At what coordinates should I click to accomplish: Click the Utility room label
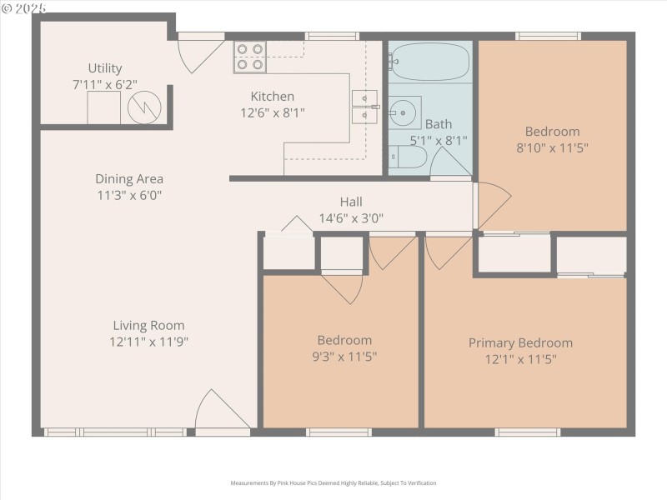(105, 68)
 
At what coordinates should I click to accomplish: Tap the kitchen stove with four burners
(249, 56)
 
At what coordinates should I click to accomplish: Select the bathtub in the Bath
(430, 62)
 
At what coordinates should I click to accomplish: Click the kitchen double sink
(365, 107)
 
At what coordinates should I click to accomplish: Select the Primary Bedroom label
(520, 343)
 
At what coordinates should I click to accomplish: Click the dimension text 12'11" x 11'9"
(149, 342)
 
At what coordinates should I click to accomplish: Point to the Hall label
(351, 202)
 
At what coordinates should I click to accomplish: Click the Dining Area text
(129, 178)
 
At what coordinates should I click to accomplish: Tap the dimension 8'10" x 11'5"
(552, 147)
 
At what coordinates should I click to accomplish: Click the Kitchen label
(273, 97)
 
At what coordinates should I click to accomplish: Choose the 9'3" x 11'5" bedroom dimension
(344, 357)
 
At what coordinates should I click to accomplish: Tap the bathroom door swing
(451, 160)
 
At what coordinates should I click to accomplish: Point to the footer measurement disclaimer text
(333, 482)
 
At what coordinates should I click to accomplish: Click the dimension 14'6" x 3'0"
(351, 218)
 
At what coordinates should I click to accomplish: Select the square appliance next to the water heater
(104, 108)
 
